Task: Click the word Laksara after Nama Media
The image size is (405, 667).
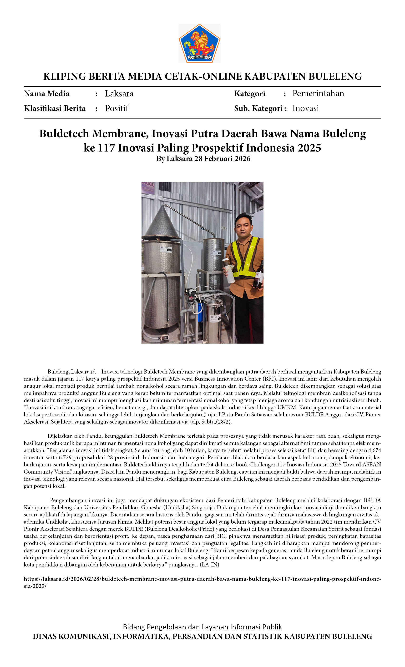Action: (x=119, y=94)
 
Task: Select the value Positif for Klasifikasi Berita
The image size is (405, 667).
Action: (x=117, y=108)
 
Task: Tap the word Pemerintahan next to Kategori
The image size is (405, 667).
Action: (x=318, y=93)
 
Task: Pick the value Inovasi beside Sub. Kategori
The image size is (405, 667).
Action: (x=305, y=108)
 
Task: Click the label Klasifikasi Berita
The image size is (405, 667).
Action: (x=55, y=108)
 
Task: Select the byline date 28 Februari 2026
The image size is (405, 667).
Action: (x=222, y=159)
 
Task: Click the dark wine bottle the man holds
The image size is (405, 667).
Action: (x=259, y=275)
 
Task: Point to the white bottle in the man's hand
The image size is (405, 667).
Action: (x=229, y=270)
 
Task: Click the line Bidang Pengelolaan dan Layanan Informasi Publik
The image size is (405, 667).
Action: (x=202, y=627)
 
